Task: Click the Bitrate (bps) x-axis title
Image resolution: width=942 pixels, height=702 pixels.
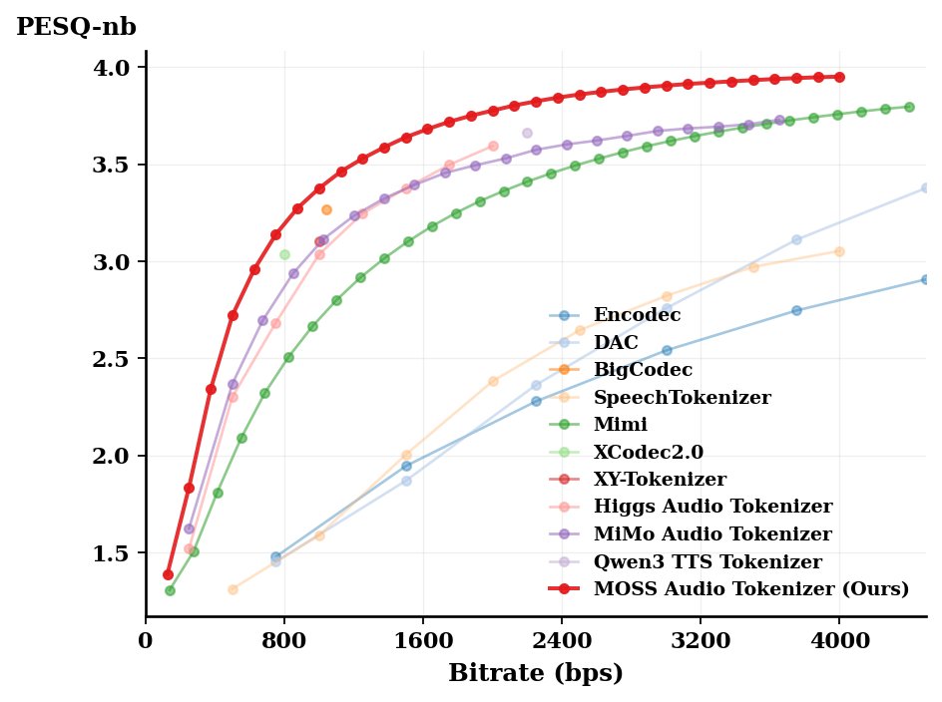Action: [x=535, y=673]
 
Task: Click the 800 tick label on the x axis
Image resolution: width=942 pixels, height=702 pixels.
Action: [x=284, y=641]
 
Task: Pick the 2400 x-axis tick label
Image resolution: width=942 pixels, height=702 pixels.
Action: [x=562, y=641]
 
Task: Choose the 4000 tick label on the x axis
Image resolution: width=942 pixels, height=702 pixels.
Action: [x=839, y=641]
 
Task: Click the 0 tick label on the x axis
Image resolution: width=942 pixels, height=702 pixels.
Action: [x=147, y=641]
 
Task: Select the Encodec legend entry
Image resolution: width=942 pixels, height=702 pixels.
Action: [x=637, y=315]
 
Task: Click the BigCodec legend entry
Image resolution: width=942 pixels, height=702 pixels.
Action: [x=643, y=370]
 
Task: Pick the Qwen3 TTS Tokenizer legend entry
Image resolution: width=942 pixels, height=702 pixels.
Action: [x=706, y=562]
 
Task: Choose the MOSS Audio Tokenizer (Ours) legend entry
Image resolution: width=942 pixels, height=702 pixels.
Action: [x=750, y=589]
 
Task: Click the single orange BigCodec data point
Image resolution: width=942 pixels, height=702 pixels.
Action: [x=326, y=209]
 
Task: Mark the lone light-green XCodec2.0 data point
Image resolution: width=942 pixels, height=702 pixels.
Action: [x=284, y=255]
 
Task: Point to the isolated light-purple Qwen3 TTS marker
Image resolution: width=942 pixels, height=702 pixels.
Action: [x=527, y=133]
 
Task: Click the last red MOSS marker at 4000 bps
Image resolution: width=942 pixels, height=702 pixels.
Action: [x=839, y=77]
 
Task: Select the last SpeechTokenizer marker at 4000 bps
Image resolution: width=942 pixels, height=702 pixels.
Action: [x=839, y=251]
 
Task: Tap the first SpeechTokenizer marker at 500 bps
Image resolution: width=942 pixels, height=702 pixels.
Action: [x=233, y=589]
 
